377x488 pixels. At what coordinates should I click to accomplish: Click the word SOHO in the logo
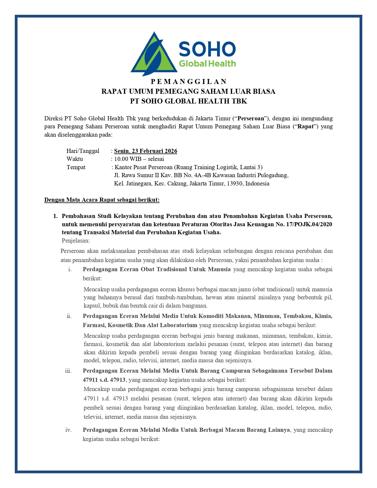coord(207,49)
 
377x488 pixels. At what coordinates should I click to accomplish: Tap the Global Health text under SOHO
coord(207,64)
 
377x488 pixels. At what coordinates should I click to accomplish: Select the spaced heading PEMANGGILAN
coord(188,82)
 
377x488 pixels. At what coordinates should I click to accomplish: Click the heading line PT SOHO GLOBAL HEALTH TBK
coord(188,101)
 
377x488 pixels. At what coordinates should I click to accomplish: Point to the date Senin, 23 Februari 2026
coord(145,151)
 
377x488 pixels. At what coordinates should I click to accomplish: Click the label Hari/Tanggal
coord(83,151)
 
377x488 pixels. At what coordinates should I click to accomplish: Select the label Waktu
coord(75,159)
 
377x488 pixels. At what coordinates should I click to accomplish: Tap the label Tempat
coord(76,167)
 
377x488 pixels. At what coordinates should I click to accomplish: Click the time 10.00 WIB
coord(128,159)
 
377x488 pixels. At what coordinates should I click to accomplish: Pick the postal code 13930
coord(235,183)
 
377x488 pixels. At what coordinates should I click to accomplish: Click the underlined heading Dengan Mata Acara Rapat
coord(102,200)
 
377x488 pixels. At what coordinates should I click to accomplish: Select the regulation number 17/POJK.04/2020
coord(309,224)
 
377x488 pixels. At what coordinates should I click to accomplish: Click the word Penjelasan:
coord(76,240)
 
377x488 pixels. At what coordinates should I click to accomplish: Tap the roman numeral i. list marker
coord(70,269)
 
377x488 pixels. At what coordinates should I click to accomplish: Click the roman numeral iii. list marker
coord(68,371)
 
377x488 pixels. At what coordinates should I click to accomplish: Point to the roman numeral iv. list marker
coord(68,430)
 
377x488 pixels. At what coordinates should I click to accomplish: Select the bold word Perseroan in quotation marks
coord(251,118)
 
